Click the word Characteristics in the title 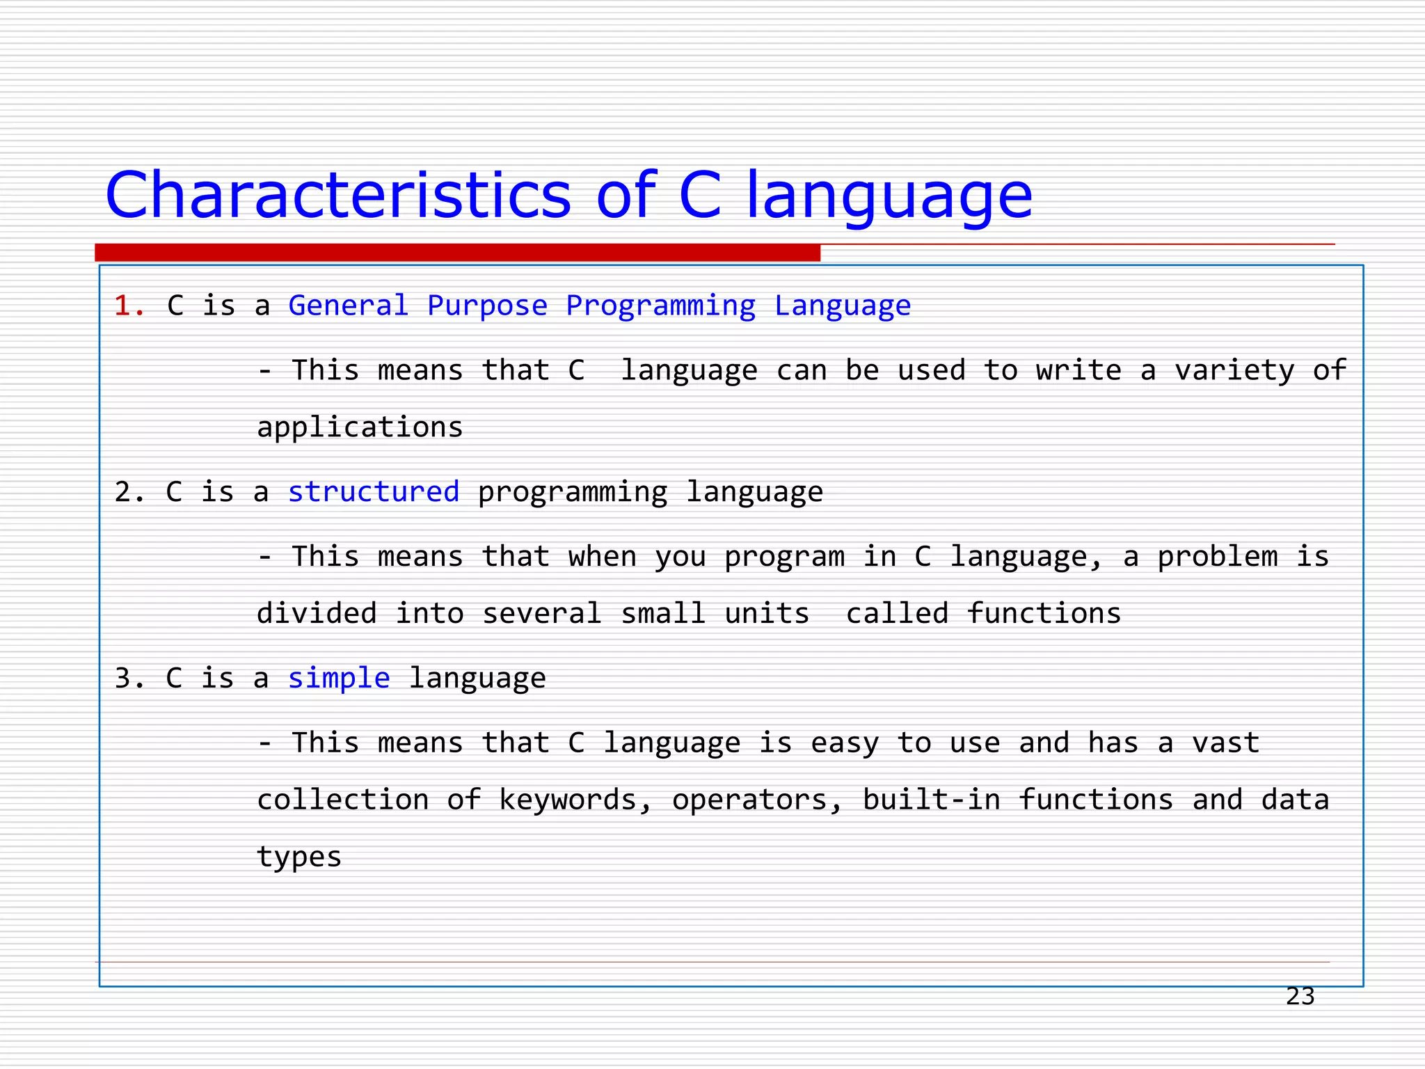(338, 196)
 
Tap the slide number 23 (1300, 997)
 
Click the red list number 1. (129, 306)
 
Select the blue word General (348, 306)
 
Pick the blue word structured (374, 492)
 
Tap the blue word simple (339, 679)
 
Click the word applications (360, 427)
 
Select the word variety (1234, 371)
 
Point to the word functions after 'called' (1044, 614)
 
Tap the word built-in (931, 800)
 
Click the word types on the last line (299, 857)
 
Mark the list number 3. (129, 679)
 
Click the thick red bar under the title (457, 253)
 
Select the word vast (1225, 743)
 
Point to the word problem (1217, 557)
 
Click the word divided (317, 614)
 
